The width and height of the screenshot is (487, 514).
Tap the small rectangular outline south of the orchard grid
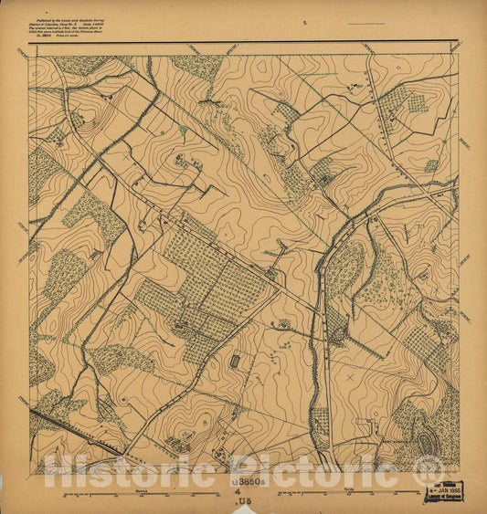[x=237, y=362]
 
